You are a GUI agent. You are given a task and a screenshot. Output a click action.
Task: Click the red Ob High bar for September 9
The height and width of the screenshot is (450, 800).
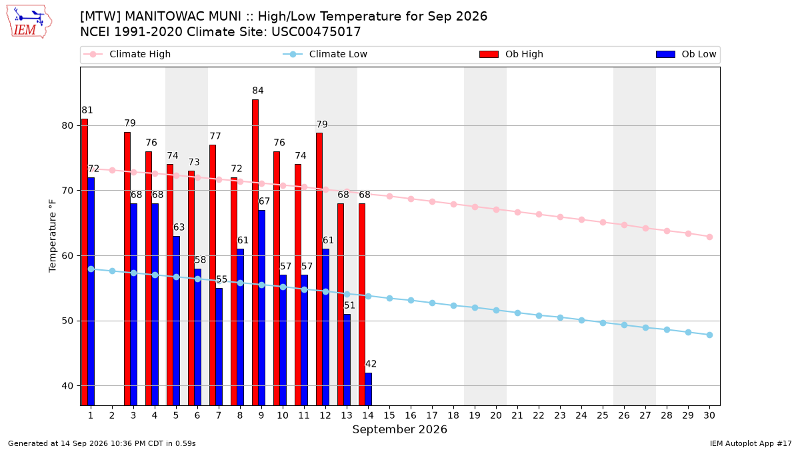coord(255,253)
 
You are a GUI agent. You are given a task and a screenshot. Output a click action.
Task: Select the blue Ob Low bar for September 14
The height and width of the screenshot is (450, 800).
coord(368,389)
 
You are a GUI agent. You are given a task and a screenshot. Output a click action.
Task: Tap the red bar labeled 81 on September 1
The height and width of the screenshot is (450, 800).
coord(85,262)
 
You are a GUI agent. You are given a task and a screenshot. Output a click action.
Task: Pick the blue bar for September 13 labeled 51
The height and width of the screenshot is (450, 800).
coord(347,359)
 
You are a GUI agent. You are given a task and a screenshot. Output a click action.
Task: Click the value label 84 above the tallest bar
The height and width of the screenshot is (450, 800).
coord(258,91)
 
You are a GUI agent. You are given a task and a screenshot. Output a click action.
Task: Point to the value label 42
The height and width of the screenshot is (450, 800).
coord(371,364)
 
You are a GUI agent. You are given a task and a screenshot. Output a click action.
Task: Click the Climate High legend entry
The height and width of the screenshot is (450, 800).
coord(127,54)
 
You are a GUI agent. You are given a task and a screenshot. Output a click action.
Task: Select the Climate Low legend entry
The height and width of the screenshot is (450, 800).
coord(325,54)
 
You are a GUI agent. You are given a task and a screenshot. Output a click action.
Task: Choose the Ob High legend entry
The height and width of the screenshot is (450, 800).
coord(511,54)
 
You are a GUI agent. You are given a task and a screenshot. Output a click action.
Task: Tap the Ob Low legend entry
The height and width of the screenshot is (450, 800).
coord(686,54)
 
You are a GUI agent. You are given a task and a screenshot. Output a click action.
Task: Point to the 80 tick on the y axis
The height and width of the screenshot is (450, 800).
coord(67,126)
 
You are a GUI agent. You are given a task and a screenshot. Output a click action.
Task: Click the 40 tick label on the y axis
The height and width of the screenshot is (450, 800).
coord(67,386)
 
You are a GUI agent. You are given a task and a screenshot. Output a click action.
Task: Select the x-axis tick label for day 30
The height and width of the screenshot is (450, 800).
coord(709,415)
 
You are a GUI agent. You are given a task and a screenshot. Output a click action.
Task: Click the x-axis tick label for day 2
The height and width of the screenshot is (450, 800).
coord(112,415)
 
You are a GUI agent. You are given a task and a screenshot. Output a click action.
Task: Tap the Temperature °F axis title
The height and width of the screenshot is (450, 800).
coord(53,236)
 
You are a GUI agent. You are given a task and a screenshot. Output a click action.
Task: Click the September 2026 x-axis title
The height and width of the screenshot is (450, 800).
coord(399,429)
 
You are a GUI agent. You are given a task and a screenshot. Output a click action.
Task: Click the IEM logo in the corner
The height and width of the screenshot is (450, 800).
coord(29,22)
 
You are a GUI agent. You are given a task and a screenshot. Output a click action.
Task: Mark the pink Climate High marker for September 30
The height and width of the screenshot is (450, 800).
coord(709,237)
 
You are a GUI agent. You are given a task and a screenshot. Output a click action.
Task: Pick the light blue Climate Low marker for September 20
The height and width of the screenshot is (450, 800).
coord(496,311)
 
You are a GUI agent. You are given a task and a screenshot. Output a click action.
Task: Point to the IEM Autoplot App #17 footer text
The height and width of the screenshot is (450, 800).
coord(751,443)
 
